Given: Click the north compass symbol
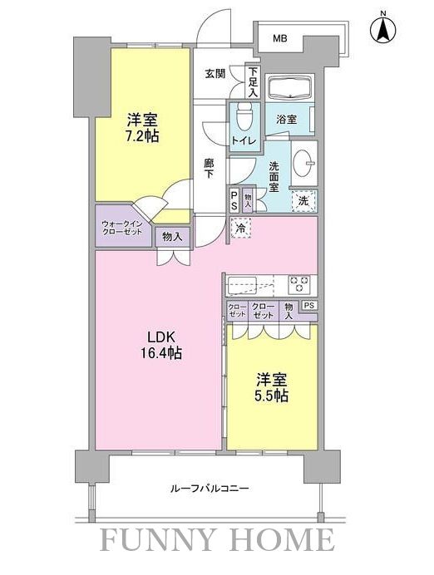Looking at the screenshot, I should [x=383, y=29].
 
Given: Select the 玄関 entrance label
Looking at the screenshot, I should [x=215, y=74].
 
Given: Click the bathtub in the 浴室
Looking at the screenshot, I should [x=287, y=87].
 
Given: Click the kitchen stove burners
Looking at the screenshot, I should [x=299, y=284].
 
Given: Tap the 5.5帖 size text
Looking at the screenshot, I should [x=272, y=396].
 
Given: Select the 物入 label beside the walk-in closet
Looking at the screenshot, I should [x=174, y=236].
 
